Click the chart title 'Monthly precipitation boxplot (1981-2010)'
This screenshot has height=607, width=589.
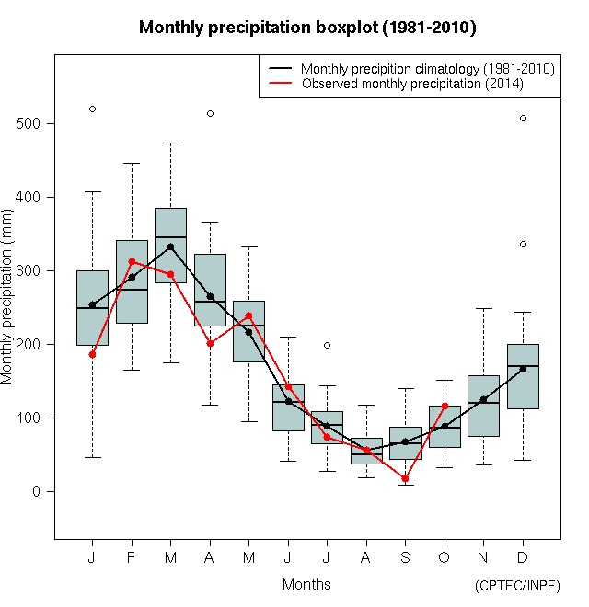pyautogui.click(x=307, y=28)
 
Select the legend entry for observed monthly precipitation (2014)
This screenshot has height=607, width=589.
pyautogui.click(x=412, y=84)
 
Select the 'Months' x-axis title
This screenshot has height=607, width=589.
pyautogui.click(x=306, y=584)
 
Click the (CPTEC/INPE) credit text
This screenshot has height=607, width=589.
pyautogui.click(x=517, y=586)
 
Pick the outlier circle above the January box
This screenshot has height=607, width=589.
pyautogui.click(x=92, y=109)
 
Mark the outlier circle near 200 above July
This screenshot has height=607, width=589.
pyautogui.click(x=327, y=345)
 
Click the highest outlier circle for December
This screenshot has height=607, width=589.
pyautogui.click(x=523, y=118)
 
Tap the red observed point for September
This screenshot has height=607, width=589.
pyautogui.click(x=405, y=478)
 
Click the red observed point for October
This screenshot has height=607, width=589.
pyautogui.click(x=445, y=406)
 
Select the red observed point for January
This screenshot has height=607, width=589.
pyautogui.click(x=92, y=354)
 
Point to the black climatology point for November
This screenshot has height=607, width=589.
pyautogui.click(x=483, y=399)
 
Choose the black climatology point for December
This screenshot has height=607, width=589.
pyautogui.click(x=523, y=369)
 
